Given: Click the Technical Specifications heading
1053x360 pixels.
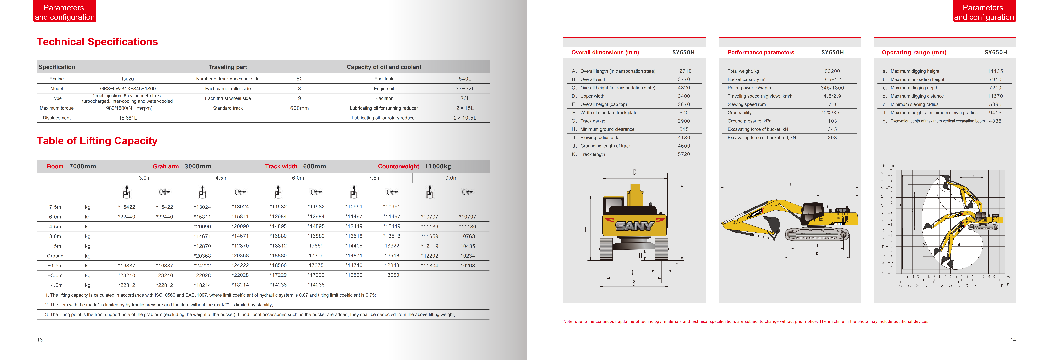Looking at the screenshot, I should [97, 42].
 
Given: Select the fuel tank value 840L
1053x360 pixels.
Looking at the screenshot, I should [465, 79].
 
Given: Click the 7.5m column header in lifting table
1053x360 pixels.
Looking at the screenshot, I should [374, 178].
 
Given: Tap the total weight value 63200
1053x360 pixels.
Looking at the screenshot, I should [832, 71].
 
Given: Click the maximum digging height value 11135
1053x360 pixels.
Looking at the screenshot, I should [995, 71].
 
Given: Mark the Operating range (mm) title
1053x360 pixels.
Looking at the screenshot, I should [914, 52].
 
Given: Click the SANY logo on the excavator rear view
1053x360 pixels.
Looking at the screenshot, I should [634, 226].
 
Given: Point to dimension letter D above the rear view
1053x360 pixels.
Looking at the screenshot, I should [634, 172].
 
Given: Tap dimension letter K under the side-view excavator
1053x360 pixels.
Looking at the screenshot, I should [817, 254].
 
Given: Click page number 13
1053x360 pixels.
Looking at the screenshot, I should [40, 340].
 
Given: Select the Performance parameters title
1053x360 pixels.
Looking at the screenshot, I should [761, 52].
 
